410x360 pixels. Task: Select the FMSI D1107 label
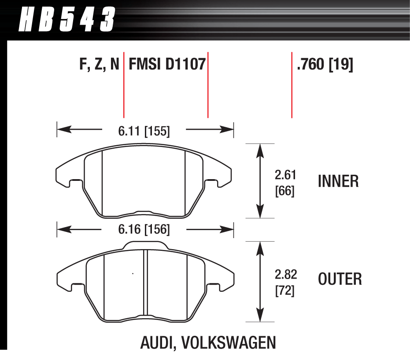(x=167, y=65)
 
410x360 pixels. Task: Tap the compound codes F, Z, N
(x=100, y=65)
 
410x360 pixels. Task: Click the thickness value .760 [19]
(x=325, y=65)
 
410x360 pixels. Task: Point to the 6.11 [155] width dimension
(x=144, y=131)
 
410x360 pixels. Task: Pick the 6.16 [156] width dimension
(x=144, y=229)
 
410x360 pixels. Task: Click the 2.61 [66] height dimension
(x=284, y=183)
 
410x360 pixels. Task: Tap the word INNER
(x=338, y=181)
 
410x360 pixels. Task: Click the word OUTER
(x=340, y=279)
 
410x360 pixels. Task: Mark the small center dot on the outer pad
(x=133, y=274)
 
